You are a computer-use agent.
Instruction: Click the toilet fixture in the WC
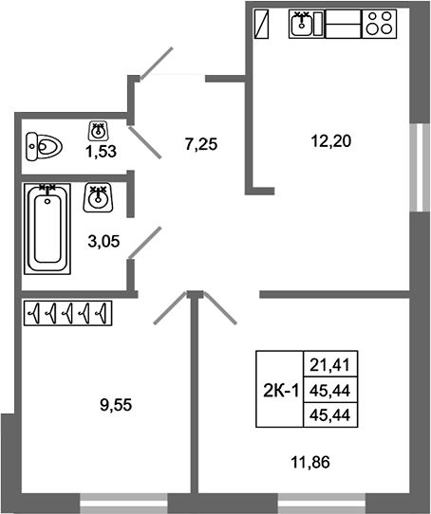44,147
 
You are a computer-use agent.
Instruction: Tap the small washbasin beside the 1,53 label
98,131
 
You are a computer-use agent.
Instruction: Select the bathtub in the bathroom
47,229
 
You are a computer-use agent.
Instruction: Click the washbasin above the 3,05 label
98,197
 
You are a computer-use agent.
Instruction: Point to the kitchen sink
307,24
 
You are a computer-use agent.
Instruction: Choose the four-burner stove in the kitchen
379,24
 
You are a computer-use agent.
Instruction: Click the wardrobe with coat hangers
68,313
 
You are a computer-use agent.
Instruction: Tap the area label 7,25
201,144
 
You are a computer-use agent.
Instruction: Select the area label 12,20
331,141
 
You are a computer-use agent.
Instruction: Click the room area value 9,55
116,405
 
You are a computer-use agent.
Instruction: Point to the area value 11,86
310,463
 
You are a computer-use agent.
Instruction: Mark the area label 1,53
101,152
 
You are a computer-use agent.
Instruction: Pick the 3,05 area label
103,241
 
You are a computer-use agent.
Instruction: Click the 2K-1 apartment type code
281,391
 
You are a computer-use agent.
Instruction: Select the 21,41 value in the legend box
330,365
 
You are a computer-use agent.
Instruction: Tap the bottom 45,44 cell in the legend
330,415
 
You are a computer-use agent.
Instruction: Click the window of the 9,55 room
123,504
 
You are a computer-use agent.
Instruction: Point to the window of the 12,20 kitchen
421,168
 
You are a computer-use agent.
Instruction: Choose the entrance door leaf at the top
157,64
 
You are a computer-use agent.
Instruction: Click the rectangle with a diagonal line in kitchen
262,24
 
